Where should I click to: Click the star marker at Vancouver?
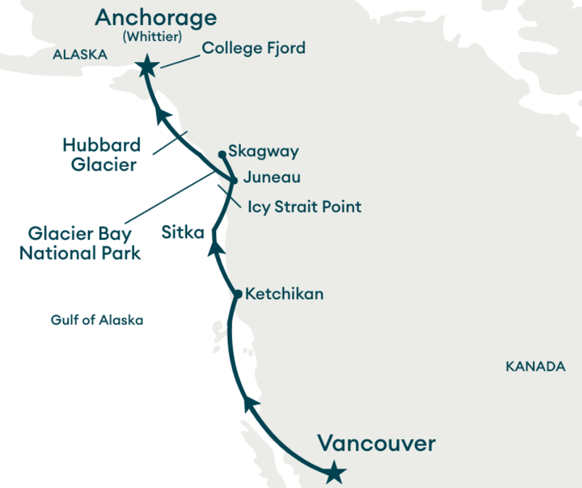tap(334, 473)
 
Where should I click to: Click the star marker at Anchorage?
tap(147, 66)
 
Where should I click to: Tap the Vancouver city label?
tap(376, 444)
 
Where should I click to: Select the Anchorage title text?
tap(156, 17)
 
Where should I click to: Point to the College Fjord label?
tap(254, 48)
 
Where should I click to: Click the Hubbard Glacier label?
tap(102, 155)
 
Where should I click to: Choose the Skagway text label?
tap(263, 151)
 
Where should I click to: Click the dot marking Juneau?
tap(233, 181)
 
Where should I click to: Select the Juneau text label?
tap(272, 178)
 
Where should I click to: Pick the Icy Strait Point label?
tap(304, 206)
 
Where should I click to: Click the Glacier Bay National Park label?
tap(80, 243)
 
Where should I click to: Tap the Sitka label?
tap(183, 233)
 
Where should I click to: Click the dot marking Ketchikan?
tap(238, 294)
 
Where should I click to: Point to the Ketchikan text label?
tap(284, 294)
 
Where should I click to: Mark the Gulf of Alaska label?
tap(97, 320)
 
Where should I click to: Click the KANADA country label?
tap(536, 367)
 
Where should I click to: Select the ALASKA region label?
tap(80, 55)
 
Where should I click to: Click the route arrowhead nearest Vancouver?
tap(251, 404)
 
